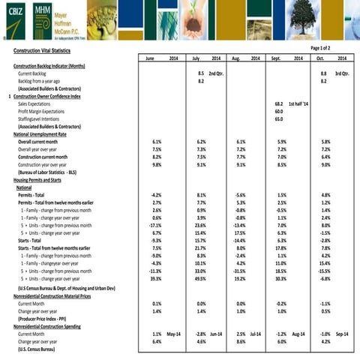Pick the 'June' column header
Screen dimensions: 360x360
coord(150,58)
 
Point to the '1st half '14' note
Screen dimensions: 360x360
coord(299,103)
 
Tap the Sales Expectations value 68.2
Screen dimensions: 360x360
coord(279,103)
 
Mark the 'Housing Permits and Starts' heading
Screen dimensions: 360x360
coord(43,180)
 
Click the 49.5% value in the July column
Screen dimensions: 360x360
coord(200,278)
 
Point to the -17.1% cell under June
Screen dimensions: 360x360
coord(155,225)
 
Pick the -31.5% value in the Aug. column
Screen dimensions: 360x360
coord(240,271)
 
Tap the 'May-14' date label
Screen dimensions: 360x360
coord(174,334)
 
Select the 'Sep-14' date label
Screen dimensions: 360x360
coord(342,334)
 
